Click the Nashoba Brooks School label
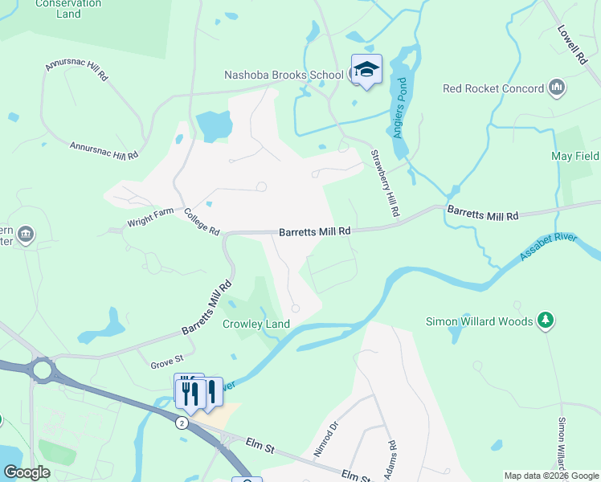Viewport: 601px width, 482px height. point(284,75)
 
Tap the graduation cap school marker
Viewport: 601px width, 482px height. point(366,70)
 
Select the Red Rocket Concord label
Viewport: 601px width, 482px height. point(493,88)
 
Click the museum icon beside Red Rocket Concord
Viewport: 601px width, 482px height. point(557,88)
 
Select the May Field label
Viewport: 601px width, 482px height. point(574,156)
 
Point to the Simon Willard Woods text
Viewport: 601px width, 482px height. point(479,321)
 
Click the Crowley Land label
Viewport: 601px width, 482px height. point(256,324)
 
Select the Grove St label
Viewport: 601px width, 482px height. point(168,365)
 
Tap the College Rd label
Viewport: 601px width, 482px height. point(202,223)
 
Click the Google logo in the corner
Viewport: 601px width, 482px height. point(27,472)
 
